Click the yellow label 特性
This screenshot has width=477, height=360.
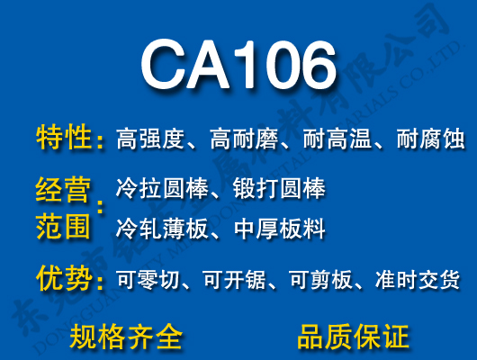(64, 139)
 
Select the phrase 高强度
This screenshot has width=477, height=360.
(150, 139)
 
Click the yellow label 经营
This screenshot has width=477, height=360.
(64, 190)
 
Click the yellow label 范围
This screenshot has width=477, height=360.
(64, 227)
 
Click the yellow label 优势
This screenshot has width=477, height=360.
(64, 279)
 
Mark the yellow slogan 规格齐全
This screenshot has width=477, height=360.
(126, 336)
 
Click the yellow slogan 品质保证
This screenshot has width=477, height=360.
(353, 336)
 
